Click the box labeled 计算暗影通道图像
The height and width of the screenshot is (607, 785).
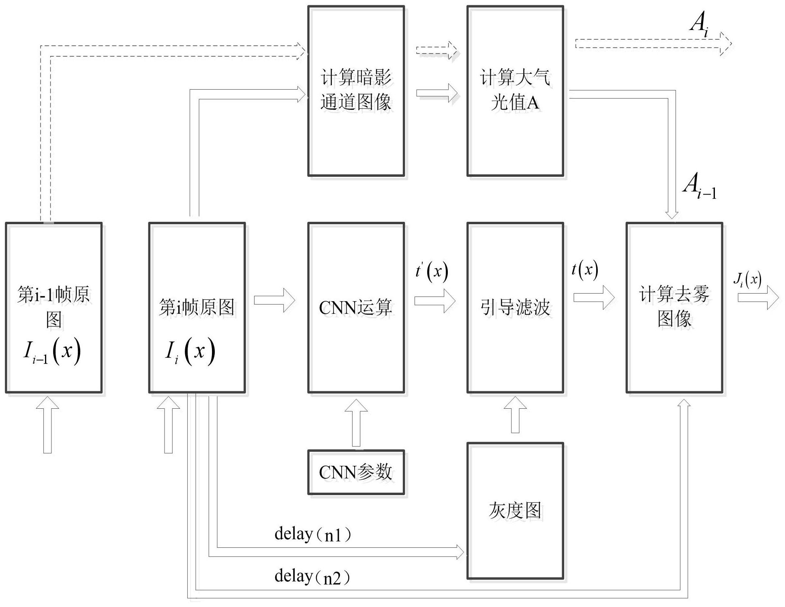point(356,90)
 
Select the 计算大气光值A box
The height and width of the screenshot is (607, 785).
point(515,90)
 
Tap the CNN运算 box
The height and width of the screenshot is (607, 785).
point(356,307)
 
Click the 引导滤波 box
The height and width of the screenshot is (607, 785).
point(515,307)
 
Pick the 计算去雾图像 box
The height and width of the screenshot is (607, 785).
point(674,307)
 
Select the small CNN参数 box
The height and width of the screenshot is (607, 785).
point(356,472)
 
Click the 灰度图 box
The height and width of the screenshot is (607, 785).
point(515,510)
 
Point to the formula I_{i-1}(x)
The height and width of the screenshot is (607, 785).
point(52,352)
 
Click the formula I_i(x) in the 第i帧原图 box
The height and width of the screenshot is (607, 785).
point(190,352)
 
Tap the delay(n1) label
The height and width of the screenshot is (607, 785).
point(312,534)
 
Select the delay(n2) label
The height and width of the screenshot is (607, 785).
point(312,577)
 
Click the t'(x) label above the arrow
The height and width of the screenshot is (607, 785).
point(432,271)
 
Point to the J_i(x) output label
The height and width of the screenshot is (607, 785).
point(747,280)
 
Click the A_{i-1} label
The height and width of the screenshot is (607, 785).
point(699,187)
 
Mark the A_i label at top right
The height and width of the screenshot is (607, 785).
point(699,23)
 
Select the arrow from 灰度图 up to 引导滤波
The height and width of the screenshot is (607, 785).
point(515,415)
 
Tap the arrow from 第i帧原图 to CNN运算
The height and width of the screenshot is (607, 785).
point(274,300)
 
